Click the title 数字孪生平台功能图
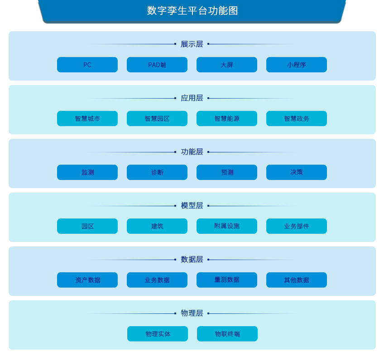tap(192, 11)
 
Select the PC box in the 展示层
tap(87, 65)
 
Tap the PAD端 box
tap(157, 65)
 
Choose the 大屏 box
tap(227, 65)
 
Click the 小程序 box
tap(297, 65)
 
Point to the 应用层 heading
tap(192, 98)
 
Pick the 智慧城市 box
tap(87, 118)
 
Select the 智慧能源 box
tap(227, 118)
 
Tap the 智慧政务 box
tap(297, 118)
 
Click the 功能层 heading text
tap(192, 152)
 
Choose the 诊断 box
tap(157, 172)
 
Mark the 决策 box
tap(297, 172)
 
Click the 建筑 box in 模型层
tap(157, 226)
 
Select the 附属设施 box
tap(227, 226)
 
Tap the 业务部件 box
tap(297, 226)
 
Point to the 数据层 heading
tap(192, 260)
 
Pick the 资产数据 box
tap(87, 280)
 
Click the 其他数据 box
tap(297, 280)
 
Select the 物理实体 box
tap(158, 334)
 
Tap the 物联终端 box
tap(227, 334)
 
